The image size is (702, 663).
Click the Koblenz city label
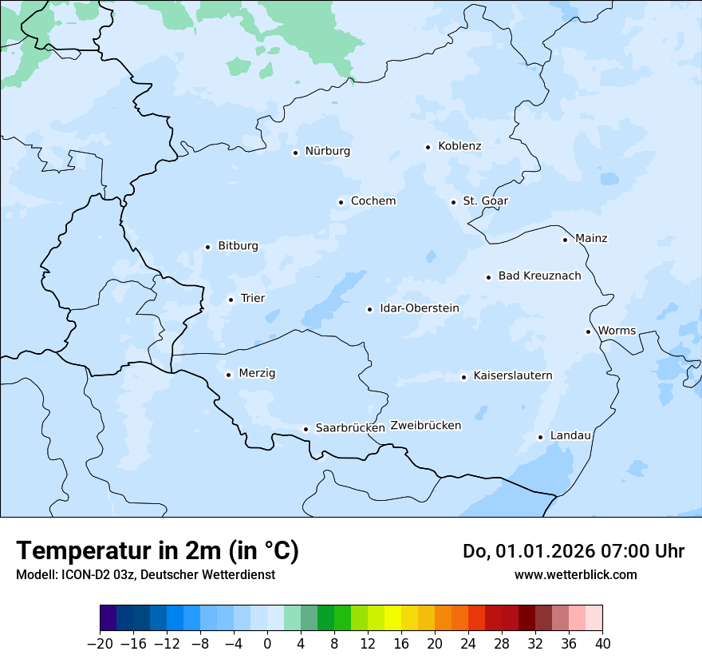[x=459, y=146]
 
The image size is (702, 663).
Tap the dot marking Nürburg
[x=295, y=153]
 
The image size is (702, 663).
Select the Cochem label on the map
[x=373, y=201]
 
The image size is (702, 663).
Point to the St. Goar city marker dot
[x=453, y=202]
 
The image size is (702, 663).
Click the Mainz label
[x=591, y=238]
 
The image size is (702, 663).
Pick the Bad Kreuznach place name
[x=539, y=276]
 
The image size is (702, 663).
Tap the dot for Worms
[x=588, y=331]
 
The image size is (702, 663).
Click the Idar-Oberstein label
[x=419, y=308]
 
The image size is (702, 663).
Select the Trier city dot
[x=231, y=300]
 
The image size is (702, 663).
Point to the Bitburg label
[x=238, y=246]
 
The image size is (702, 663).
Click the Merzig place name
[x=257, y=373]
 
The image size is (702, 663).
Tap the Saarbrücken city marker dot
[x=306, y=429]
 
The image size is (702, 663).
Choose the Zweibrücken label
[x=425, y=426]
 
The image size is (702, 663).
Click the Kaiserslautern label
[x=512, y=375]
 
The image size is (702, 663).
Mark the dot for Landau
[x=540, y=437]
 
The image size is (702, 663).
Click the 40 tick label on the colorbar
[x=602, y=643]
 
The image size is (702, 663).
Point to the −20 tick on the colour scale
[x=100, y=643]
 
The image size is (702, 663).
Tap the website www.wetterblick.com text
[x=575, y=574]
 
